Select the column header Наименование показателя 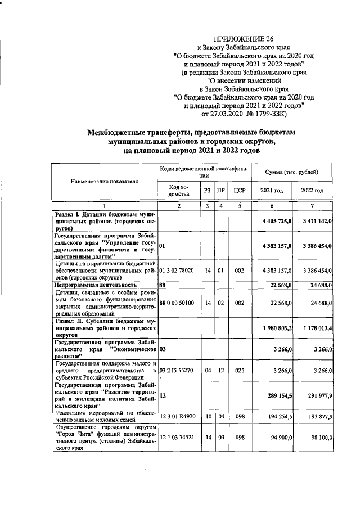point(104,181)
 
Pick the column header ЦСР point(239,191)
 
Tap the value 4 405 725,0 point(276,222)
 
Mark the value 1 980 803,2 point(276,327)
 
